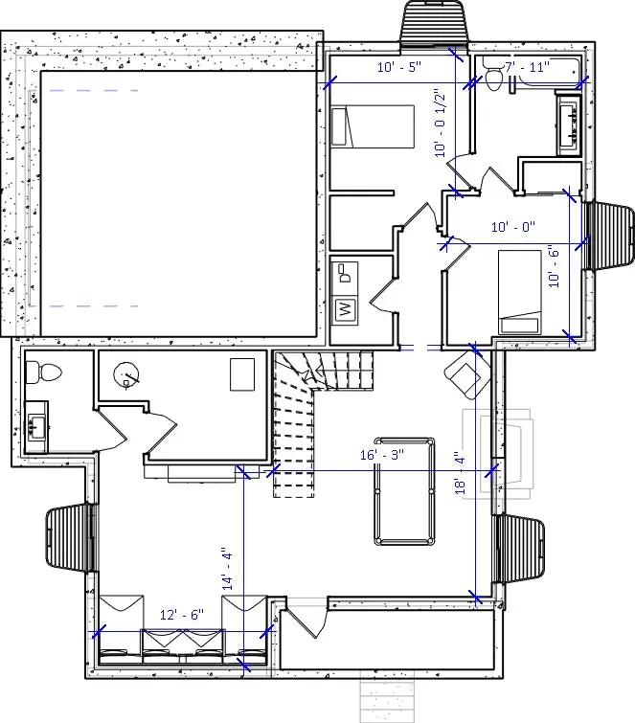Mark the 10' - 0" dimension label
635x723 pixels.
[512, 228]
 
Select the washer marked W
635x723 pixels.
[344, 310]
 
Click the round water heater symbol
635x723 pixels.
[125, 375]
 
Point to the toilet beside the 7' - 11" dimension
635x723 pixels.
[491, 79]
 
